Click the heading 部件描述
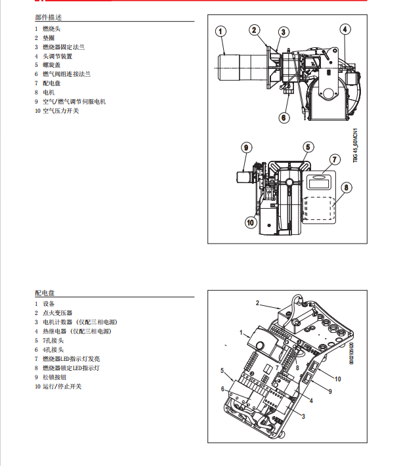pos(49,17)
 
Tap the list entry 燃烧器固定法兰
pos(64,47)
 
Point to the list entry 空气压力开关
pos(60,111)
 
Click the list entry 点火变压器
pos(58,313)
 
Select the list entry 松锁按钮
pos(54,377)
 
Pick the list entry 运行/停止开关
pos(62,387)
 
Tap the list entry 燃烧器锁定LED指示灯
pos(71,368)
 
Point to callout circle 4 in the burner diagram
pos(345,29)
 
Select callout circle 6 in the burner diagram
pos(284,117)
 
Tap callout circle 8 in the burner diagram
pos(347,186)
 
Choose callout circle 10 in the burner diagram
pos(250,222)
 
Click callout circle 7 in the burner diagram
pos(334,159)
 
